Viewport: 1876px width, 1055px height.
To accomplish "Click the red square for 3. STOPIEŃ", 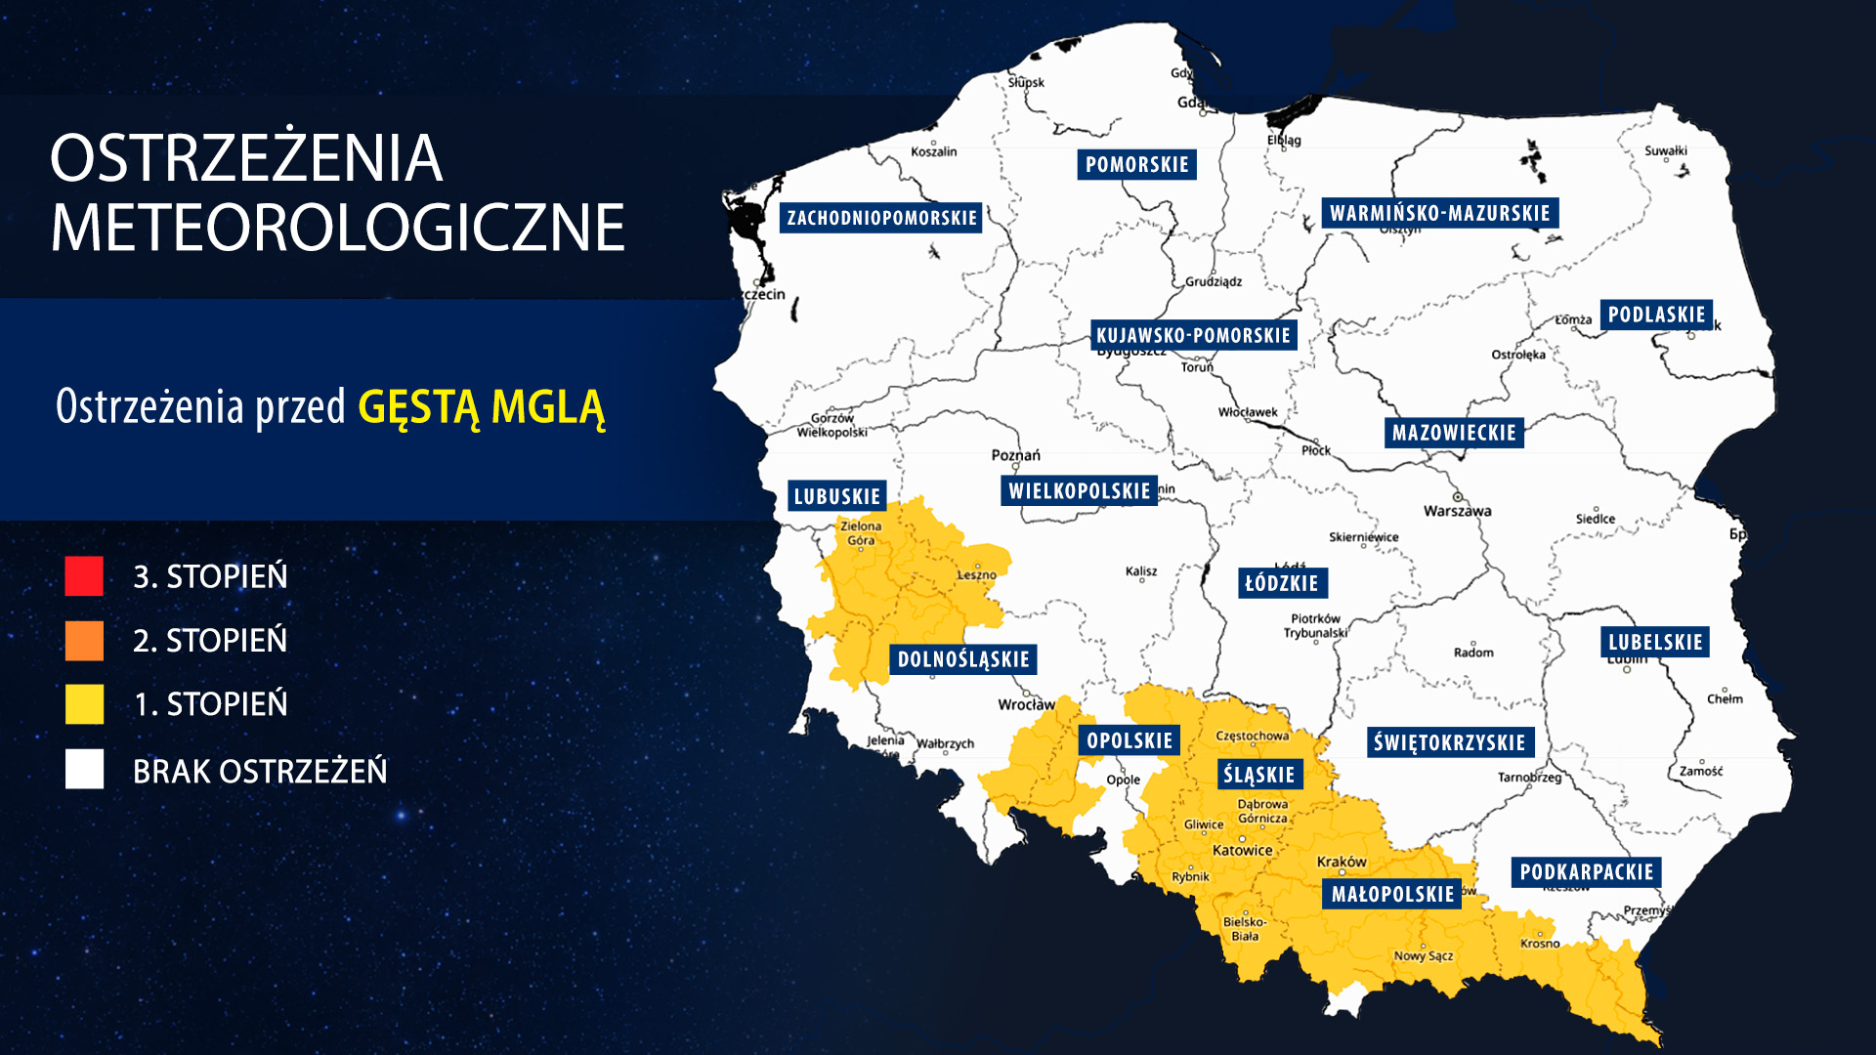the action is tap(84, 576).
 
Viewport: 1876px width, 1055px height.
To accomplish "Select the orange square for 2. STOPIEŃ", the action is tap(84, 641).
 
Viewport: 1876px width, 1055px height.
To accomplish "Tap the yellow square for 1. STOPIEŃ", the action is tap(84, 704).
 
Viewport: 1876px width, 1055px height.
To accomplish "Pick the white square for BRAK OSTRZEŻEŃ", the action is tap(84, 770).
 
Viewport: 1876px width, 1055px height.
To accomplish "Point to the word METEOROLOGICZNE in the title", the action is tap(337, 228).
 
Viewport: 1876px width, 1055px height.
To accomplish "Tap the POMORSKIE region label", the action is tap(1136, 165).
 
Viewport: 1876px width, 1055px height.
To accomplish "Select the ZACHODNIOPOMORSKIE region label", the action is tap(881, 218).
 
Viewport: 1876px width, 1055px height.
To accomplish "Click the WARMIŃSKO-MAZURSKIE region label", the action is tap(1439, 213).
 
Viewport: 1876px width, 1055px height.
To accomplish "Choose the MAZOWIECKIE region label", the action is tap(1454, 433).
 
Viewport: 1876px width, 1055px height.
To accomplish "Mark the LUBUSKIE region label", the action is tap(837, 496).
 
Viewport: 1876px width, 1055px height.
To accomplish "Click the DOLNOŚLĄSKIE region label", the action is tap(963, 659).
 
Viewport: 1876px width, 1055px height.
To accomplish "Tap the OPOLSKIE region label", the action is tap(1130, 740).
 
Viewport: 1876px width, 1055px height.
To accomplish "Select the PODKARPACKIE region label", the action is tap(1586, 872).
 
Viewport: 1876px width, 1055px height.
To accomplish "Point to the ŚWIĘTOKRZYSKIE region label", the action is tap(1449, 742).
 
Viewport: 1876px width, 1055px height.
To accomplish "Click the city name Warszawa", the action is tap(1457, 511).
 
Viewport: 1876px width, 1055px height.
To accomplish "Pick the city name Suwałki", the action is tap(1665, 150).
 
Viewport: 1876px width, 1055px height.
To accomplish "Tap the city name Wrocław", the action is tap(1026, 704).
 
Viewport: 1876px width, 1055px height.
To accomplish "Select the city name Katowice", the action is tap(1242, 850).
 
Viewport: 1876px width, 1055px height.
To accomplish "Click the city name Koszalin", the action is tap(933, 151).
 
